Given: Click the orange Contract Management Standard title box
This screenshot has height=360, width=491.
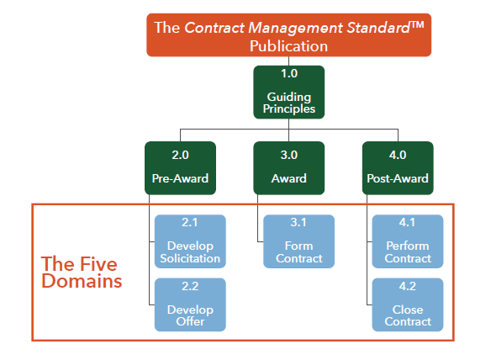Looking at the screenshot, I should pos(289,35).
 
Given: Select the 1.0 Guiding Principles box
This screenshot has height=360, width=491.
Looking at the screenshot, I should pos(289,93).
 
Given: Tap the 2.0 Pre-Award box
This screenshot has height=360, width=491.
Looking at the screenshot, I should pos(180,167).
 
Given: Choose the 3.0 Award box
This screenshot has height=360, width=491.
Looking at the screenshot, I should pos(289,167).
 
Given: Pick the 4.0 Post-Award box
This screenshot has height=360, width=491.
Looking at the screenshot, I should pos(398,167).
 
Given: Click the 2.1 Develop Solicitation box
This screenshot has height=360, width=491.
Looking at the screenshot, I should pos(190,241).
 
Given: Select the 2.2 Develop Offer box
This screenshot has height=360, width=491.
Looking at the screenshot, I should pos(190,304).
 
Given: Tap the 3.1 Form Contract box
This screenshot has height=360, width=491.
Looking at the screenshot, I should pos(299,241).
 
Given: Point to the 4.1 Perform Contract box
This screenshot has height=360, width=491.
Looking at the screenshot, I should pos(408,241).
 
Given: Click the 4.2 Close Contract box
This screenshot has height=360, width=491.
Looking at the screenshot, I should pos(408,304).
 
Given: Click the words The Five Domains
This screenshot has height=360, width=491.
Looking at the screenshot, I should pos(81,272).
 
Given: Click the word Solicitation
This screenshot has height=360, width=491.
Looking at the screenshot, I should pos(190,258).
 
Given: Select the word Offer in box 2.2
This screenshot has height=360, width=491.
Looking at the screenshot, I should pos(190,321).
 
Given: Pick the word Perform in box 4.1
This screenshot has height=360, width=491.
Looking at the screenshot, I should pos(408,246).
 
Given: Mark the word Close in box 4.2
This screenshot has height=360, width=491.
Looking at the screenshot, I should pos(408,310).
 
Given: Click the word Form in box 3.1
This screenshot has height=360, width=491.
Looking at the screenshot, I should pos(299,246).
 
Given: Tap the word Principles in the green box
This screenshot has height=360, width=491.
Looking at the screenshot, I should pos(289,109).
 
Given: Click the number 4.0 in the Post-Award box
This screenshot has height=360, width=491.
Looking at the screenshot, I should pos(398,154).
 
